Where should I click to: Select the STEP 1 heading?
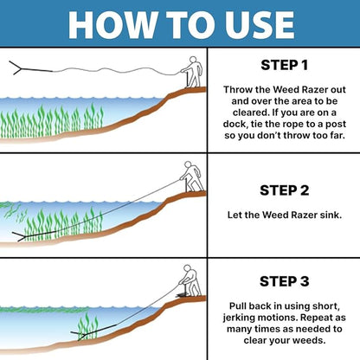pos(285,64)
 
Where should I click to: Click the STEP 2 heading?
pos(285,190)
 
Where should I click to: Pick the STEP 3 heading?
pos(285,281)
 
